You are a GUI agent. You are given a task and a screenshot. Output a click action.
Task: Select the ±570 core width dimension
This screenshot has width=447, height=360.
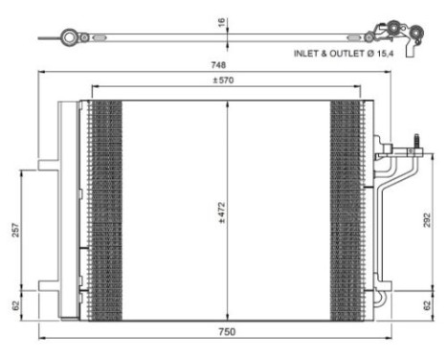tap(225, 80)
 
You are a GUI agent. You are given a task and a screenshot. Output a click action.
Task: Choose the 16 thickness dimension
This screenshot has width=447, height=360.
tap(221, 20)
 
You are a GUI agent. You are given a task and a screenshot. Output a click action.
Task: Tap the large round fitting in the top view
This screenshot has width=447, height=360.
tap(69, 37)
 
